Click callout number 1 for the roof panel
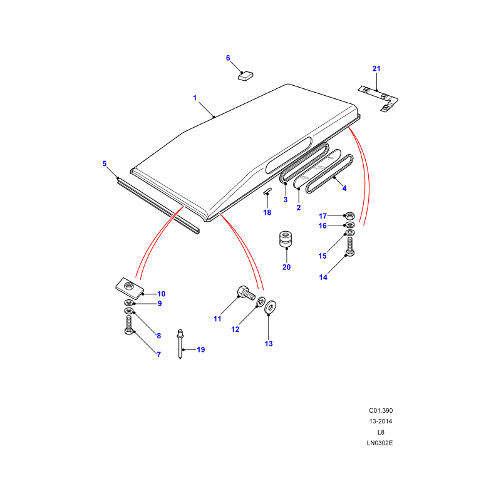point(195,98)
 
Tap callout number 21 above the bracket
point(376,68)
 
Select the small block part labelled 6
point(245,76)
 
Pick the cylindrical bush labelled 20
point(287,240)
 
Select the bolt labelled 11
point(243,292)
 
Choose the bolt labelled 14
point(350,245)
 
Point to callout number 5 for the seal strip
point(105,163)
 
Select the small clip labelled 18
point(267,192)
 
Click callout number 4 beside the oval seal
point(344,188)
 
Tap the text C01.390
point(380,411)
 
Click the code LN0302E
point(380,443)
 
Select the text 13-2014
point(380,421)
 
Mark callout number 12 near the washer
point(235,329)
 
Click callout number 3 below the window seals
point(285,200)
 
